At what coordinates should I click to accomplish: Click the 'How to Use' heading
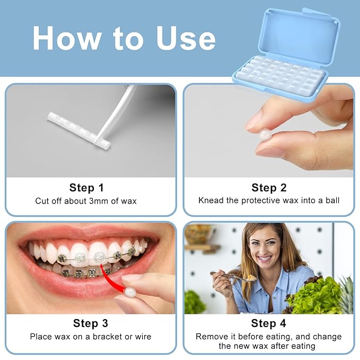pos(124,38)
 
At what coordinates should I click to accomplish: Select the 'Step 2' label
pos(268,188)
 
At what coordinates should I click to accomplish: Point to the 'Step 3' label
pos(90,323)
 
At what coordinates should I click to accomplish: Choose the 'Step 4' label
pos(268,323)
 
